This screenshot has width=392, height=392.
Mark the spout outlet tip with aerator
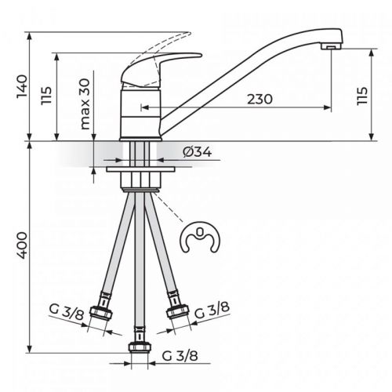pyautogui.click(x=332, y=48)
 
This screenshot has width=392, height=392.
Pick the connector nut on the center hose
pyautogui.click(x=139, y=346)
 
